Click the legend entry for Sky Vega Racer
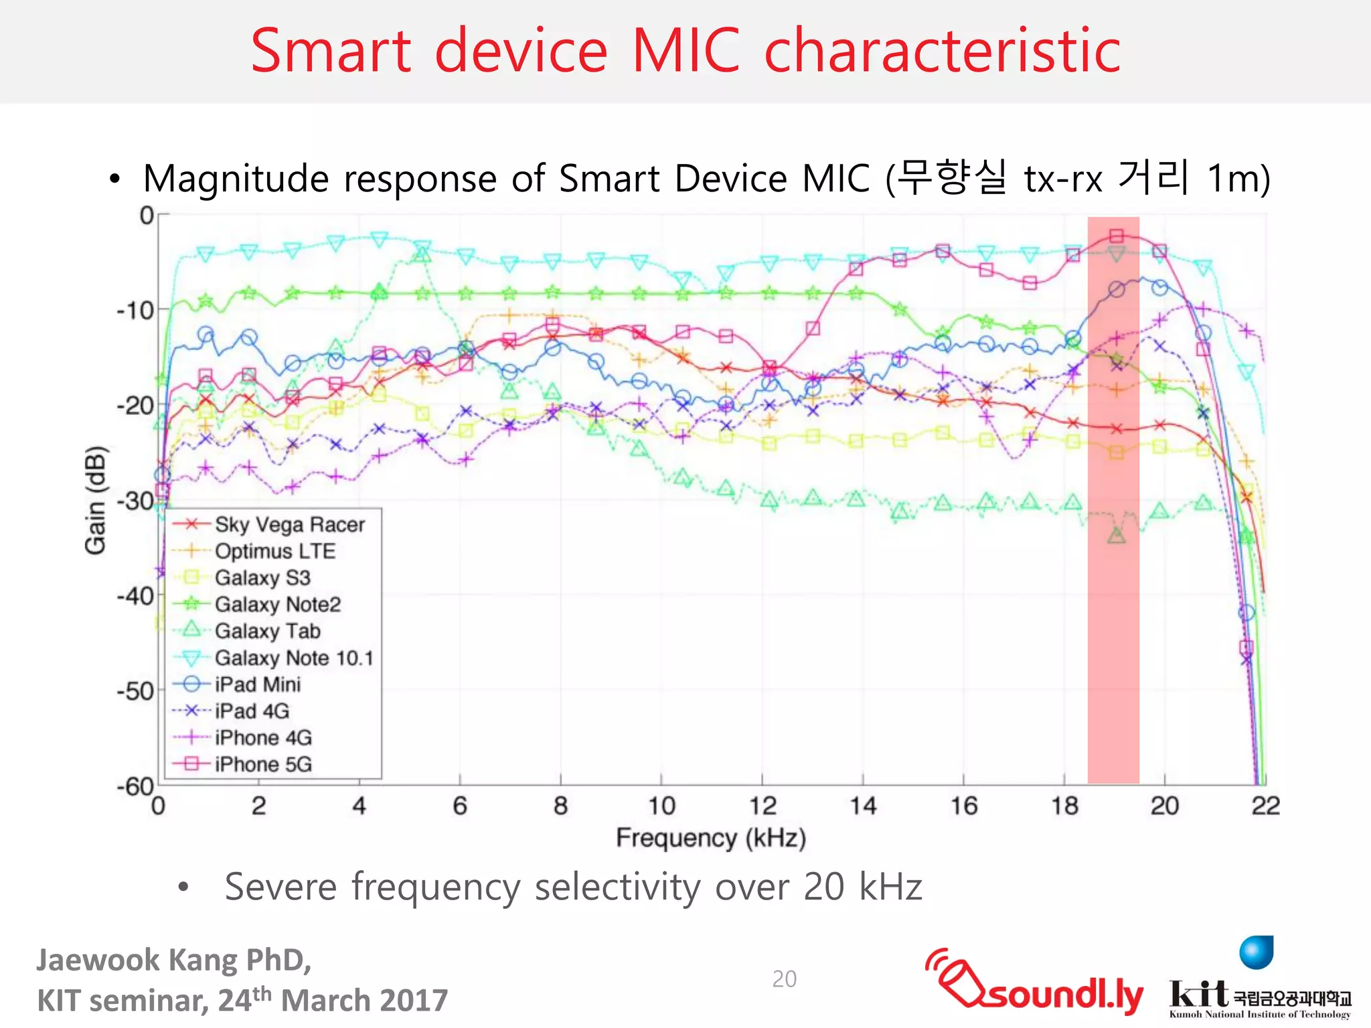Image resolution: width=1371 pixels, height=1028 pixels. [x=289, y=525]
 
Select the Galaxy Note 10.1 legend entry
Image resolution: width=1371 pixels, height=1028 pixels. [x=293, y=658]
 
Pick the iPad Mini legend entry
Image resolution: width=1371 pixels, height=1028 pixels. [x=258, y=685]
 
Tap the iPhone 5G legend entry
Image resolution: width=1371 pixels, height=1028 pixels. [x=263, y=764]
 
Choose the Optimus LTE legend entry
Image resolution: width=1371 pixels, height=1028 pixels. [x=274, y=551]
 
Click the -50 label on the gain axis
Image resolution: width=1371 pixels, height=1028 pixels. [x=135, y=691]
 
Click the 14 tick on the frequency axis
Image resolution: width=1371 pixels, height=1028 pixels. [x=863, y=806]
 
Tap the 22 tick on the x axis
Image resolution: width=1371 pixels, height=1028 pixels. [x=1265, y=806]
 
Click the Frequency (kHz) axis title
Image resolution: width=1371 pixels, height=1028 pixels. [x=710, y=838]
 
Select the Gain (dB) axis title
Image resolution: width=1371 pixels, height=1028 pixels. [x=96, y=500]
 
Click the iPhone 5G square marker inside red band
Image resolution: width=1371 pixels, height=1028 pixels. [x=1116, y=236]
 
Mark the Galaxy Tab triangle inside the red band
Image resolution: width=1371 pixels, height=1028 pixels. [x=1116, y=535]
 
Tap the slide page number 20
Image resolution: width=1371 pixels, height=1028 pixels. [x=784, y=979]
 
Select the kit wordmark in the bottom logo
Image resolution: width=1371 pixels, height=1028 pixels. [x=1198, y=993]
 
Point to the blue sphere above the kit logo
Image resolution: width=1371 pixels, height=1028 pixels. [x=1256, y=952]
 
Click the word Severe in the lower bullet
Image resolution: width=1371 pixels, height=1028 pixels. [x=280, y=887]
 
